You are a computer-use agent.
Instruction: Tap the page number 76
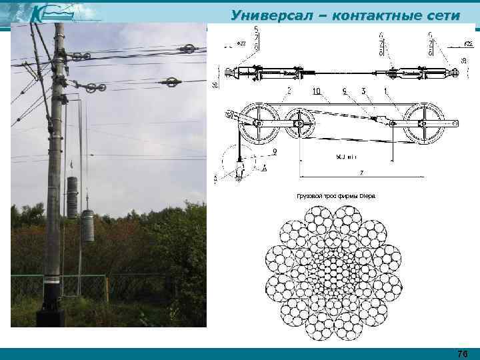[x=462, y=353]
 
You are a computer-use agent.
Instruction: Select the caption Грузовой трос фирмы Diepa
[x=335, y=197]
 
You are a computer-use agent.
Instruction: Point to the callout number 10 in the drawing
[x=315, y=90]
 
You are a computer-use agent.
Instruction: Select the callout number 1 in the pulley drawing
[x=386, y=89]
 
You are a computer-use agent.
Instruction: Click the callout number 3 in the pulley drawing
[x=363, y=89]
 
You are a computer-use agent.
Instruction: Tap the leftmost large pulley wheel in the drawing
[x=258, y=123]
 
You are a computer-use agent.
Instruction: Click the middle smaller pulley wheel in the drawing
[x=300, y=123]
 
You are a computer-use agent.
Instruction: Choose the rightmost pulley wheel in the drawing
[x=424, y=123]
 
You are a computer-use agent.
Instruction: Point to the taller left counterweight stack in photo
[x=72, y=197]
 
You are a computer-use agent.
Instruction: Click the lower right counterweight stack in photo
[x=87, y=225]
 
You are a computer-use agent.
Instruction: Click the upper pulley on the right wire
[x=189, y=49]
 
